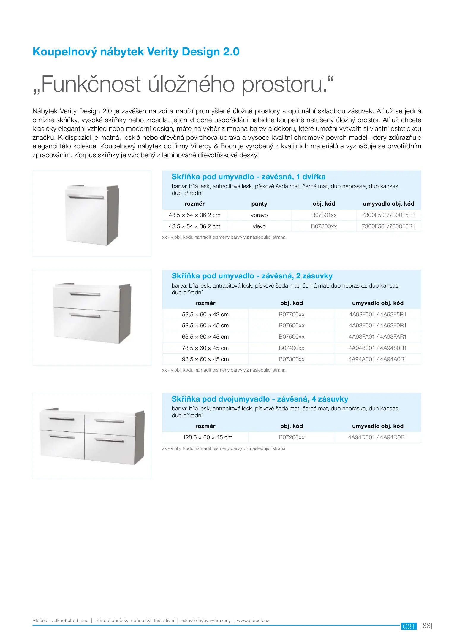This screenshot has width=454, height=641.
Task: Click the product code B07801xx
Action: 324,215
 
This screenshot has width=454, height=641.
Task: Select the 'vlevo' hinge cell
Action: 259,226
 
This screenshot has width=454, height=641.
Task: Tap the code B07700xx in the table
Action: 292,315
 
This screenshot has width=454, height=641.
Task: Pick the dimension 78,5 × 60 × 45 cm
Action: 205,348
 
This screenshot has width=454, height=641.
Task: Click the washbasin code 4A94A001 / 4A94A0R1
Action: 377,359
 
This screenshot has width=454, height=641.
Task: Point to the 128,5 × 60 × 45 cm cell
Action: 208,437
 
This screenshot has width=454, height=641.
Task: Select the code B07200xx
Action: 292,437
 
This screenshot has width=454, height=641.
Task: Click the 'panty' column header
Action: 259,204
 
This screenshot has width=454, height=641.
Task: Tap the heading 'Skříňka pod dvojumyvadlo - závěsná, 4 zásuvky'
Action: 260,399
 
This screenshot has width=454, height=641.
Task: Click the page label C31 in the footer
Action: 409,626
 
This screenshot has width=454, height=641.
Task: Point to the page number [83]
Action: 426,626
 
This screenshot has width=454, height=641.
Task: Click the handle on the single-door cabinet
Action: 86,197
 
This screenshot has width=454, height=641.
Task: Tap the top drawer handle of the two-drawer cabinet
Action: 85,294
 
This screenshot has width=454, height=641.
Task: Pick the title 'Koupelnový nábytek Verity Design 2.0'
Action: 136,52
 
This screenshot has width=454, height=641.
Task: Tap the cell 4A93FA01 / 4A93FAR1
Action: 377,337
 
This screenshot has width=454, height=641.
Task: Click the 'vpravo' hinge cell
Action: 259,215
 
